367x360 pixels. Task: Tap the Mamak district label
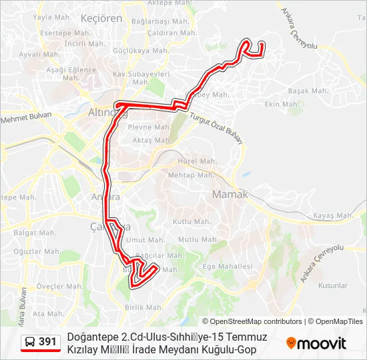click(x=230, y=194)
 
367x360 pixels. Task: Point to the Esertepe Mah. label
click(x=59, y=33)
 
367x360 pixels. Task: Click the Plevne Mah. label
click(x=149, y=127)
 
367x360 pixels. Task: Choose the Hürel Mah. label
click(x=198, y=161)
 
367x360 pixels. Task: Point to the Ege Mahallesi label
click(x=227, y=266)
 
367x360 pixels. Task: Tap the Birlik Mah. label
click(x=143, y=307)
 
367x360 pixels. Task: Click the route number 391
click(x=47, y=342)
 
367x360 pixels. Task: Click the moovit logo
click(x=316, y=343)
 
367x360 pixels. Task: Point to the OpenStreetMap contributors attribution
click(x=256, y=321)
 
